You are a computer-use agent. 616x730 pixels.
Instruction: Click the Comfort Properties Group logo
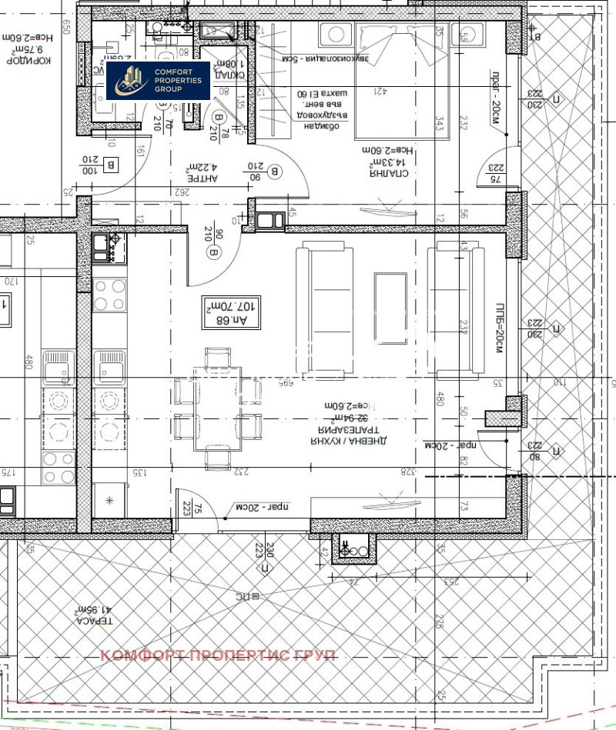tap(158, 80)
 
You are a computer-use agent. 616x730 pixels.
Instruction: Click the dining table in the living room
tap(216, 408)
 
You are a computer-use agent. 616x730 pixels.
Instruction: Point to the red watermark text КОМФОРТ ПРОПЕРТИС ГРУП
tap(219, 655)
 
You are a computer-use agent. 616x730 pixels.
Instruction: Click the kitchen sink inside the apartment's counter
tap(109, 367)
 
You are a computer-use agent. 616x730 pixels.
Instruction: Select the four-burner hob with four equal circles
tap(109, 292)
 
